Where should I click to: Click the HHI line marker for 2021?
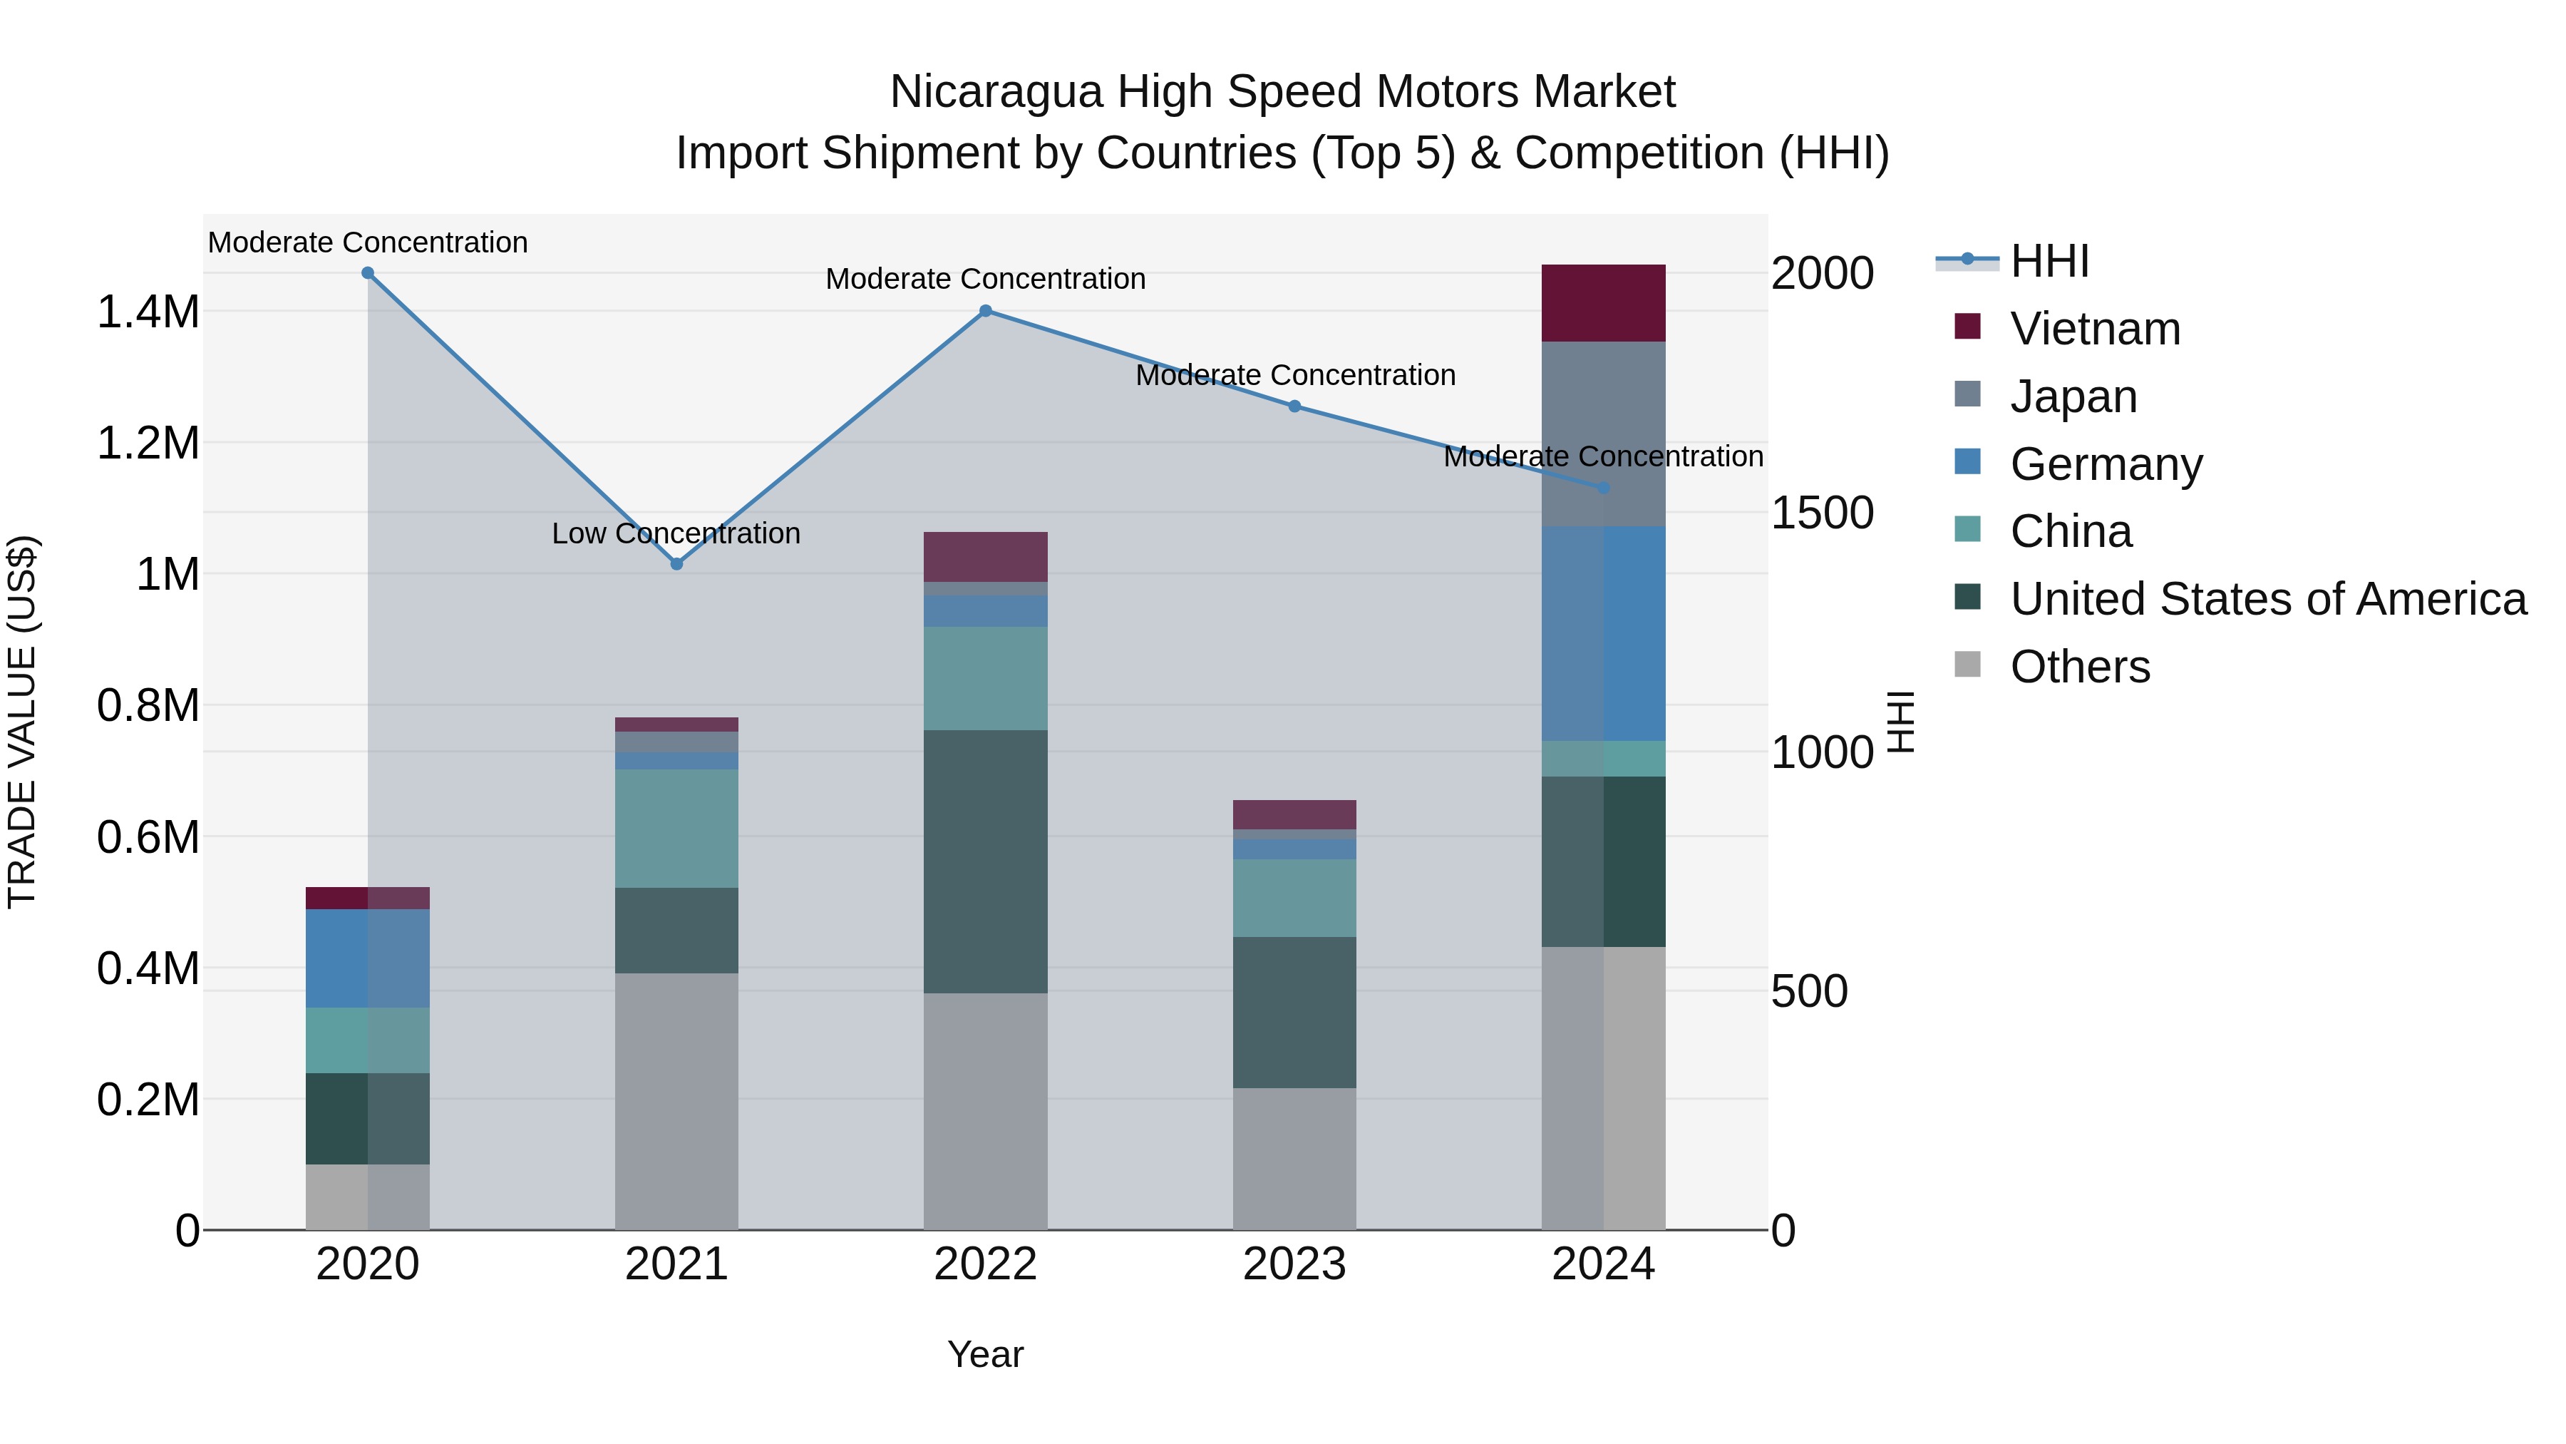(676, 564)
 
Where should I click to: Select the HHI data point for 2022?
(985, 311)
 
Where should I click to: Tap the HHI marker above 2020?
(368, 273)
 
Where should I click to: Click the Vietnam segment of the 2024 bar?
(1603, 303)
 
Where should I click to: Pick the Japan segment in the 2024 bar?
(1603, 434)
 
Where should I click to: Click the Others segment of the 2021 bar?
(676, 1101)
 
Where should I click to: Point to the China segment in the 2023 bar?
(1294, 898)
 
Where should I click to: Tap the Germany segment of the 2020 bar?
(368, 958)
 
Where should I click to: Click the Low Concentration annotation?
(676, 533)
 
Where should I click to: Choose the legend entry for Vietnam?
(2094, 329)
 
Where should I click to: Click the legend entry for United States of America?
(2267, 599)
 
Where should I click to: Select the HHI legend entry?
(2049, 261)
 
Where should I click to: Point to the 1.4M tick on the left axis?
(148, 312)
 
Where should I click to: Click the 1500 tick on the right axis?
(1822, 513)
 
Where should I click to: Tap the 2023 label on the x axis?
(1294, 1264)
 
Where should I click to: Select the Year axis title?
(985, 1354)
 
